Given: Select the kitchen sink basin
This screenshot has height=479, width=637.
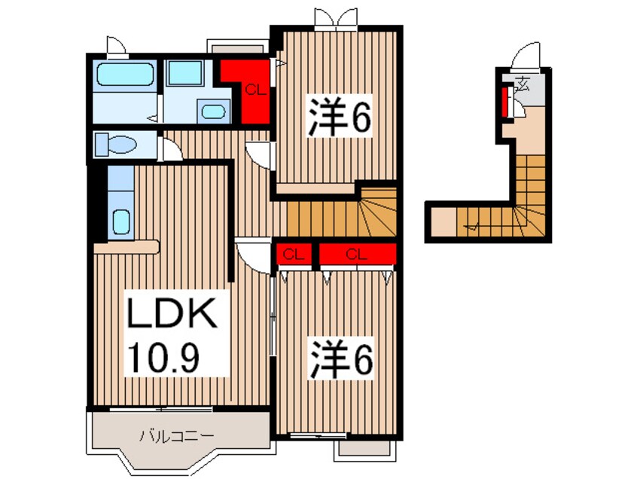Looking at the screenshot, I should click(121, 222).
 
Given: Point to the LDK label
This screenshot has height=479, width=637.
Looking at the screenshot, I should click(172, 316).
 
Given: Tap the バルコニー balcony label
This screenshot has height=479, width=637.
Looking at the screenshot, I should click(178, 435).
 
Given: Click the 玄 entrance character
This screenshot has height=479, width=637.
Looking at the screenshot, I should click(522, 84).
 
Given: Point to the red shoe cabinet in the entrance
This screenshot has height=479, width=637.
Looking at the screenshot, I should click(505, 102).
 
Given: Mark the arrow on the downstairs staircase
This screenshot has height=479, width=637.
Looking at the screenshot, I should click(474, 224).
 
